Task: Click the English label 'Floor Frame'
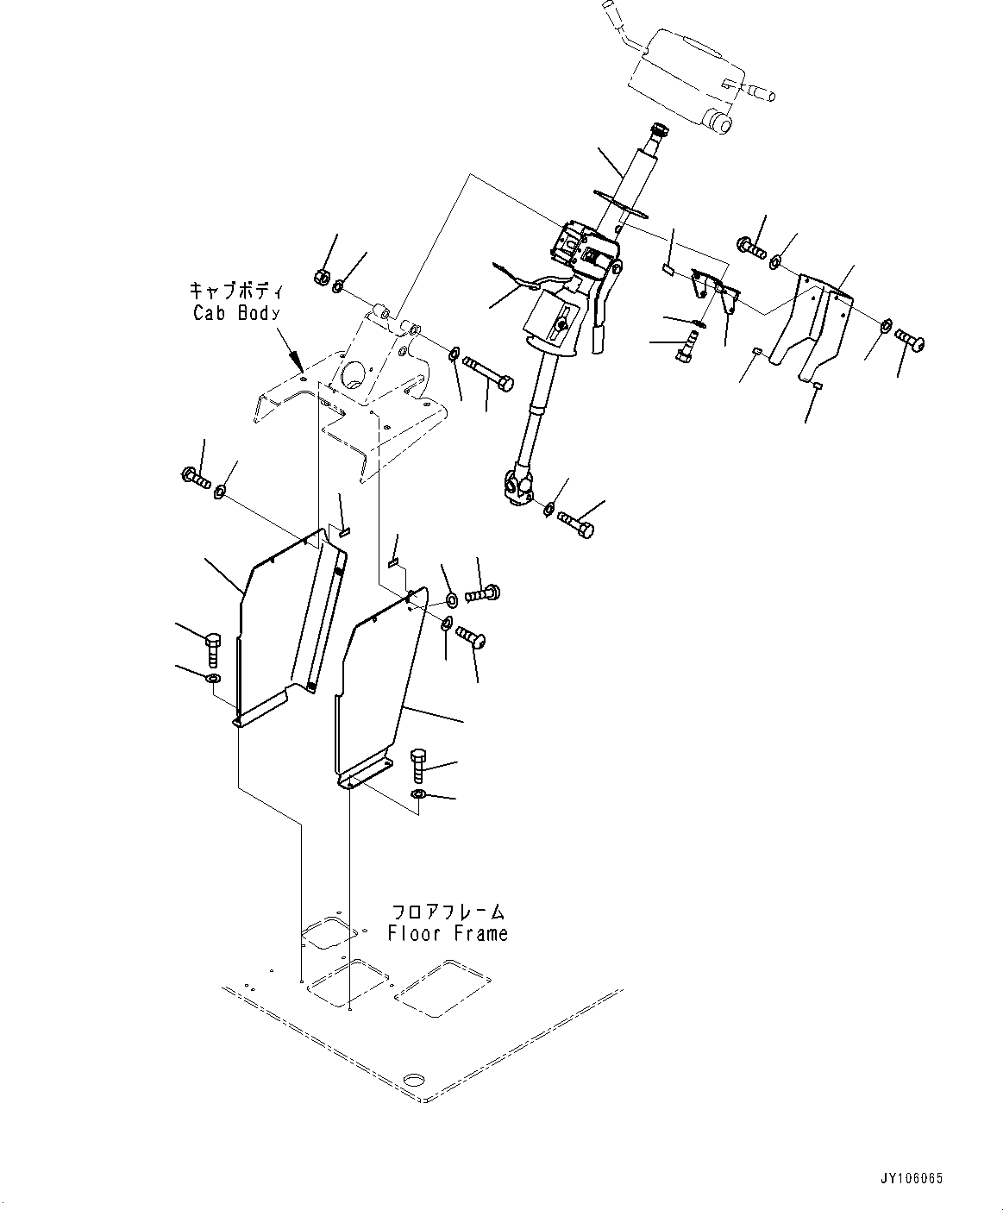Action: (448, 932)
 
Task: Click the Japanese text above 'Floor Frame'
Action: (448, 912)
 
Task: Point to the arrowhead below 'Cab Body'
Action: (298, 361)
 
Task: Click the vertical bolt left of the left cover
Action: (214, 647)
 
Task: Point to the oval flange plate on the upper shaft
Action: (621, 204)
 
